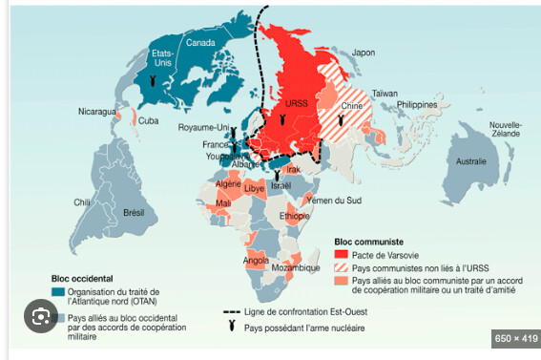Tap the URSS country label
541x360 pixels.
coord(297,103)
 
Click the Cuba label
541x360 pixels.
coord(149,121)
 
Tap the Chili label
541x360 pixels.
coord(83,202)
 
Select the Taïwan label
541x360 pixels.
coord(384,93)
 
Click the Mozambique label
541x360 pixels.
coord(295,268)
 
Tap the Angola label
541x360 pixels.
coord(257,259)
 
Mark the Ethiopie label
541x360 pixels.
coord(295,216)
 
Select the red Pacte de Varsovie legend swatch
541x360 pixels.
coord(343,255)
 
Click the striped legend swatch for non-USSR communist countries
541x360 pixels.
coord(343,268)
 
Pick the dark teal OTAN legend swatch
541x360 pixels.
coord(58,290)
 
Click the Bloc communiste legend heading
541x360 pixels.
coord(369,243)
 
